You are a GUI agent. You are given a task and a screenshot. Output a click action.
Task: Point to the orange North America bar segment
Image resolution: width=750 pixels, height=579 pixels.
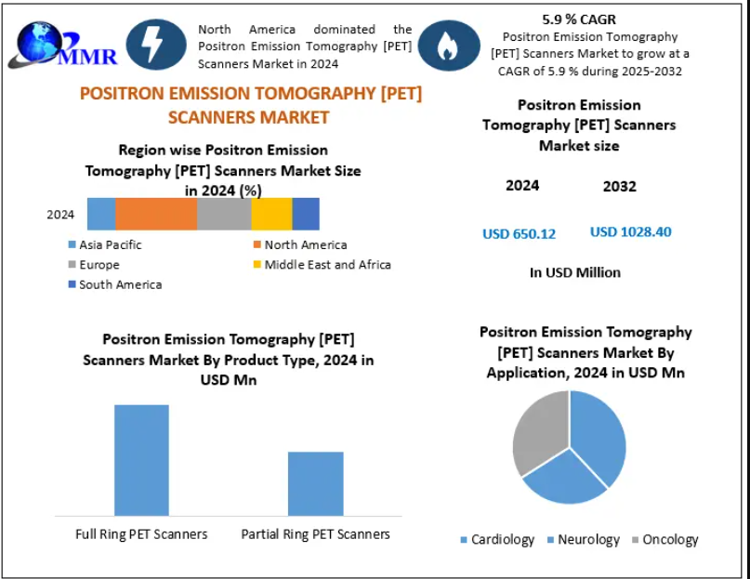[156, 214]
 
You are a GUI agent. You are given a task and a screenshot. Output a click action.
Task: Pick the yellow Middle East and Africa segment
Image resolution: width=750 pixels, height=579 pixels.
[271, 214]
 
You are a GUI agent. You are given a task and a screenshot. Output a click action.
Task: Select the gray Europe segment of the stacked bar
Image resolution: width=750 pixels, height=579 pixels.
[224, 214]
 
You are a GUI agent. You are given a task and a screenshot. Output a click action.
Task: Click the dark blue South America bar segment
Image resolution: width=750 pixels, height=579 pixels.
[306, 214]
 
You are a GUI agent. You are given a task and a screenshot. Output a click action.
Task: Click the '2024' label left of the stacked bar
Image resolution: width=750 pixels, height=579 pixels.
[60, 215]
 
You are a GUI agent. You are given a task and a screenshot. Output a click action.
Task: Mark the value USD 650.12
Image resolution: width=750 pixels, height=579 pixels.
[519, 233]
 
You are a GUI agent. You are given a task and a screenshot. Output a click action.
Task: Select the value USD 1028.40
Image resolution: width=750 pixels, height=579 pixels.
[630, 231]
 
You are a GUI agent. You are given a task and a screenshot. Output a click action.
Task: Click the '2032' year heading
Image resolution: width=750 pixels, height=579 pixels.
[619, 186]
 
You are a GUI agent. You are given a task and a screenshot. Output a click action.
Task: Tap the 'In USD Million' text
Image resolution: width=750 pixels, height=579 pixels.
[574, 272]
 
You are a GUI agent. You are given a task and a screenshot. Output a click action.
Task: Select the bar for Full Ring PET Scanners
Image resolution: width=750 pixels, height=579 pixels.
[141, 459]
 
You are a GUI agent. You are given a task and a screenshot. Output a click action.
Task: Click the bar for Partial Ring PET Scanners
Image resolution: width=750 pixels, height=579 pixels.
[315, 482]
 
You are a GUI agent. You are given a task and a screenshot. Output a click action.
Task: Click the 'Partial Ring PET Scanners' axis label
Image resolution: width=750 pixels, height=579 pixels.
[315, 534]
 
